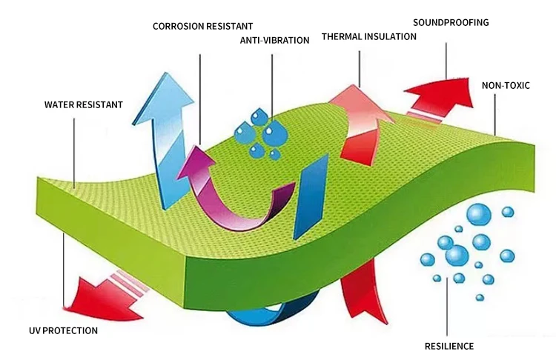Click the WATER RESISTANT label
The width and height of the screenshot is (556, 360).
(x=83, y=104)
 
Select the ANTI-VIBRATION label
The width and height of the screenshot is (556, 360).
(x=274, y=40)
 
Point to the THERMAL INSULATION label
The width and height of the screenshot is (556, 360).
(x=368, y=36)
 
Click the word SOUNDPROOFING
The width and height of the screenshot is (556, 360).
(x=451, y=22)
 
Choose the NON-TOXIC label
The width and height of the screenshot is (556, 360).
(x=506, y=85)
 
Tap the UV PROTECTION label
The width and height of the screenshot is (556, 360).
(x=63, y=330)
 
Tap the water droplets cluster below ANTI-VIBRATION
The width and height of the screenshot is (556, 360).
(x=263, y=133)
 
